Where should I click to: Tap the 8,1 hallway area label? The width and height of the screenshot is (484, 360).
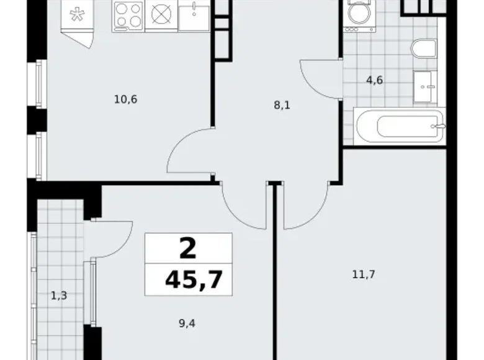click(282, 105)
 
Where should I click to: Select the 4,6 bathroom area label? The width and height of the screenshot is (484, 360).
click(374, 80)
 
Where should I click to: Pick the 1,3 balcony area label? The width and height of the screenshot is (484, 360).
click(59, 295)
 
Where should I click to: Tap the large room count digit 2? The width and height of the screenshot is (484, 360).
click(188, 248)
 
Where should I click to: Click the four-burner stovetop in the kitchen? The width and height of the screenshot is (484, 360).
click(128, 15)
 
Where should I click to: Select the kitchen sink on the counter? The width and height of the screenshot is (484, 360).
click(195, 15)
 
